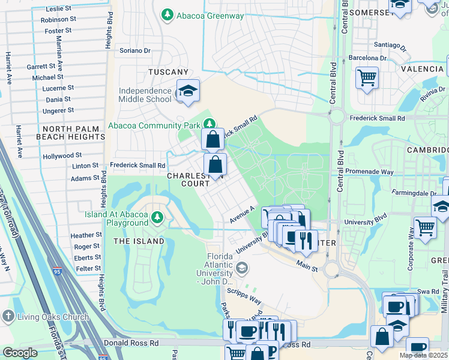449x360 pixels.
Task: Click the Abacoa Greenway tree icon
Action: pos(167,14)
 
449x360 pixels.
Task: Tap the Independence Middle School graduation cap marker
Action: pos(187,91)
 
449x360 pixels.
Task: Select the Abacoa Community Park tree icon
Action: pos(209,124)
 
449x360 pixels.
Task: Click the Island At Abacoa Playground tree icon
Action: pos(157,217)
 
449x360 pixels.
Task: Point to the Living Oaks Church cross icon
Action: pos(8,316)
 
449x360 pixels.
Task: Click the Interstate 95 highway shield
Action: pos(57,272)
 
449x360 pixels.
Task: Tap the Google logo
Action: pos(20,353)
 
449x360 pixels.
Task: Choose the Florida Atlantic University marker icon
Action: pos(242,266)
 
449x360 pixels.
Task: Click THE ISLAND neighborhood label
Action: pos(139,241)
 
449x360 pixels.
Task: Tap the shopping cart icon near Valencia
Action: pos(367,77)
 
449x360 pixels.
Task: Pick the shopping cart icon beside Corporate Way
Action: pos(425,227)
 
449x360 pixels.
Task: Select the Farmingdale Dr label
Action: pos(414,194)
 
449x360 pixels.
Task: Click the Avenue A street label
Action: pos(242,216)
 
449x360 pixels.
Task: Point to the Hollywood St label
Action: pos(62,156)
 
